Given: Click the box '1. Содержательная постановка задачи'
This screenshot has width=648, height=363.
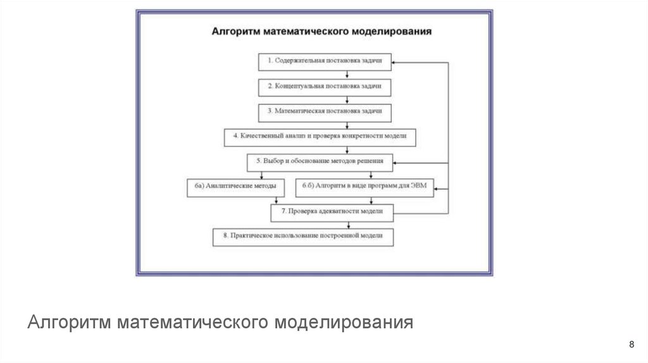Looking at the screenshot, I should pos(325,61).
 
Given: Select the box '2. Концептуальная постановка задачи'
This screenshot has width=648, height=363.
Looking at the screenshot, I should pos(325,85).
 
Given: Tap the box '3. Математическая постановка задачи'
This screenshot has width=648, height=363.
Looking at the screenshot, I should pos(325,111).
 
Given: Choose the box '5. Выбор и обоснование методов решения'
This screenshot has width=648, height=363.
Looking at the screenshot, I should pos(319,161).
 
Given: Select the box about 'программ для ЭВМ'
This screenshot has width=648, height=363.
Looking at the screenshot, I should pos(365,187).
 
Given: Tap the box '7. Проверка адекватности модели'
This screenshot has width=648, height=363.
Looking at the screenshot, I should pos(332,211).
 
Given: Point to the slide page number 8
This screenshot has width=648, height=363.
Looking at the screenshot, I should pos(631,344).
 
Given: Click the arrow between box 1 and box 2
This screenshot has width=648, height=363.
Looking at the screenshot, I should pos(347,73).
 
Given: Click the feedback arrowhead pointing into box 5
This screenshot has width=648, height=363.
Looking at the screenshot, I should pos(396,164).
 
